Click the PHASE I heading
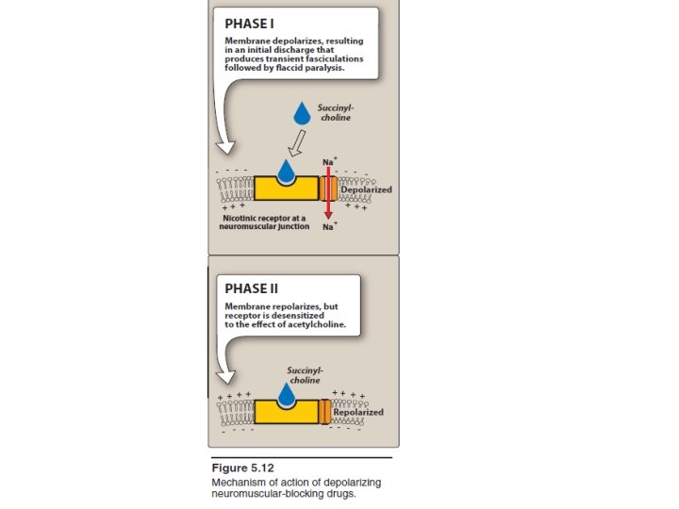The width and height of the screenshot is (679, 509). click(x=250, y=24)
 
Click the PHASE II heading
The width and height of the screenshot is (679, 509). click(x=252, y=287)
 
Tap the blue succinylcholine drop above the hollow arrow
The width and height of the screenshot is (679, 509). click(x=302, y=114)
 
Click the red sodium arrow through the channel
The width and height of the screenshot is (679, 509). click(x=327, y=193)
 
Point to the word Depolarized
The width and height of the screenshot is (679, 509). click(x=366, y=189)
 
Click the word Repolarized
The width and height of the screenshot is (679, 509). click(x=358, y=412)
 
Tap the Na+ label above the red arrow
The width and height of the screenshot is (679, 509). click(x=329, y=162)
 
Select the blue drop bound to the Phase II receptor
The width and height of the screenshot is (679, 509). click(x=286, y=393)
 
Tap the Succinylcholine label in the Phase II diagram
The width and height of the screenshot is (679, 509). click(x=304, y=375)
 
